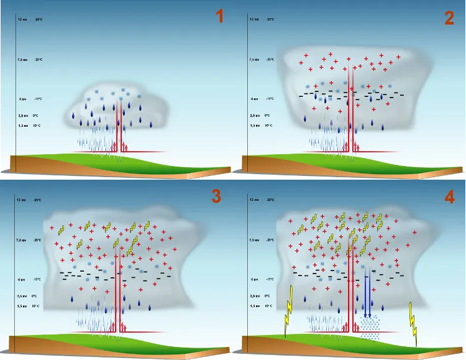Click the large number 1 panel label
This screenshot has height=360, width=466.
click(x=219, y=17)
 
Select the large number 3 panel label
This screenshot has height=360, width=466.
click(x=216, y=196)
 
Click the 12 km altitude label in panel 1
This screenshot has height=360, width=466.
click(x=22, y=19)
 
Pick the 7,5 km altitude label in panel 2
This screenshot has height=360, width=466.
click(x=254, y=60)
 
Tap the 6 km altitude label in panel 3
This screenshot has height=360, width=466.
click(x=22, y=279)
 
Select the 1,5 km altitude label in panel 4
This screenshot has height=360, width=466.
click(x=254, y=307)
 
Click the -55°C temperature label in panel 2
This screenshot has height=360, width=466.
click(x=270, y=19)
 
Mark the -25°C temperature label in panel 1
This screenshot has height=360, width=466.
click(x=39, y=60)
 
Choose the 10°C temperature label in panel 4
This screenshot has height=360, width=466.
click(x=270, y=307)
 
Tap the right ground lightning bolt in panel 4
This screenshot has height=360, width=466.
click(x=413, y=321)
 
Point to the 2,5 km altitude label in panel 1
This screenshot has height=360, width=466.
click(x=22, y=115)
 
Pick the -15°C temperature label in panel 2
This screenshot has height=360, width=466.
click(x=270, y=98)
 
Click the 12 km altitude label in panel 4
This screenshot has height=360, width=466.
click(x=254, y=200)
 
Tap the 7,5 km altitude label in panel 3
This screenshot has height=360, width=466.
click(x=22, y=239)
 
